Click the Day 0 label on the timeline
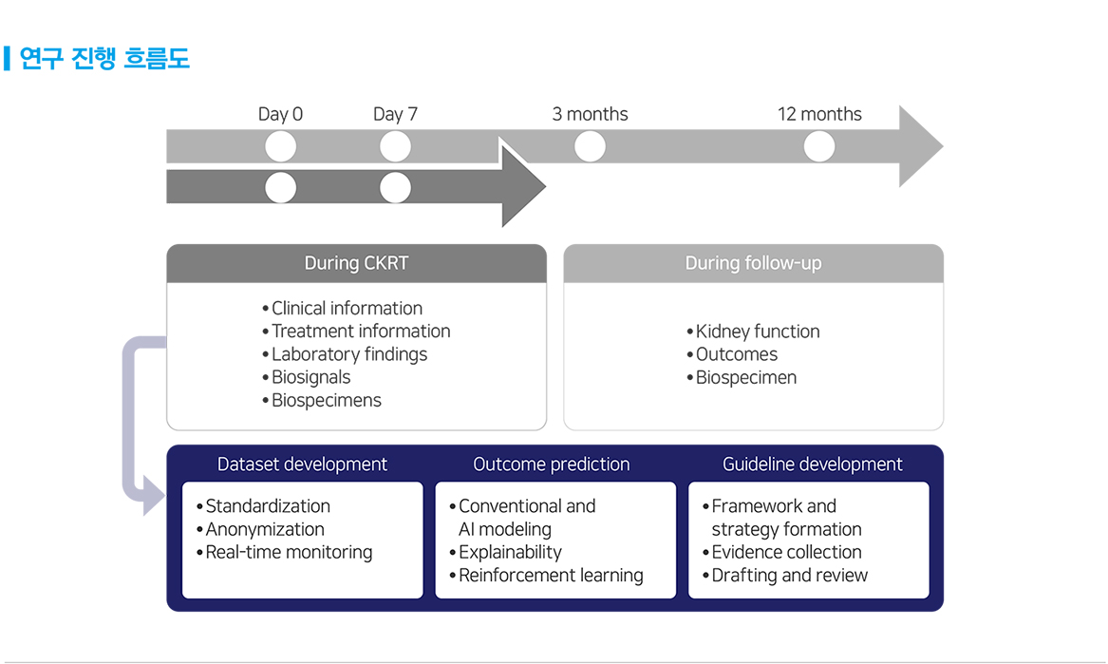point(280,114)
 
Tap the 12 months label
point(819,114)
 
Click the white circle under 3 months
point(590,146)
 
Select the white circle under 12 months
point(819,146)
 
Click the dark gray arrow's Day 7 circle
point(395,187)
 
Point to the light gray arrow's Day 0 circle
point(280,146)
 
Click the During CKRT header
point(356,263)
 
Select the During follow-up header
point(753,263)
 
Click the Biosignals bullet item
point(307,377)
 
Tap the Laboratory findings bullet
point(345,354)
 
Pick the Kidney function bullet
point(753,332)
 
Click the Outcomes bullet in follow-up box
point(732,354)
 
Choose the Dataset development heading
point(302,464)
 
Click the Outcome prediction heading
point(552,464)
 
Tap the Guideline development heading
point(812,464)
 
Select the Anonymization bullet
point(260,529)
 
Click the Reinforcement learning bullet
point(546,575)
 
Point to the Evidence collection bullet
point(781,552)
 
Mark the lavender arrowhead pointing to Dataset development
point(154,495)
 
